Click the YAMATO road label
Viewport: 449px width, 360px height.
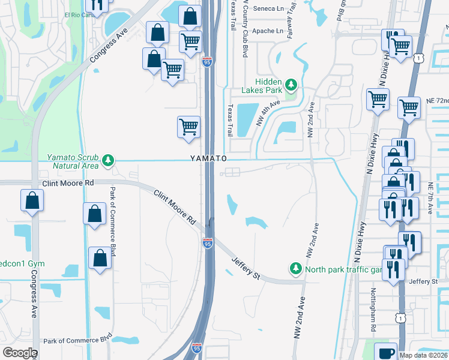[x=208, y=158]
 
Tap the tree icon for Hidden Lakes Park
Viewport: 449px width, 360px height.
[x=292, y=84]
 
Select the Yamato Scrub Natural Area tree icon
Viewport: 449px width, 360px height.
[x=108, y=160]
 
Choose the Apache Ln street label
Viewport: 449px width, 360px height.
[x=268, y=31]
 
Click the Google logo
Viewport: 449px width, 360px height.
[x=20, y=353]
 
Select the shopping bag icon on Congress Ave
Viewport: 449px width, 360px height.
[x=32, y=201]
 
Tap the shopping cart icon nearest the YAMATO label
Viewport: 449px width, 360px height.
[x=188, y=127]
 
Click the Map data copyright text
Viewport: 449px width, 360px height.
[x=423, y=355]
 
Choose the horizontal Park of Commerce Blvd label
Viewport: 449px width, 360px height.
[x=78, y=340]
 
